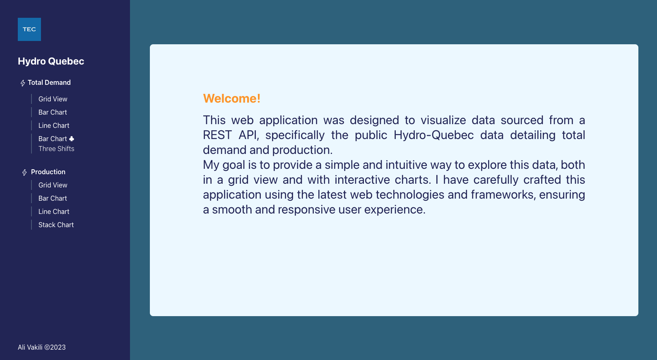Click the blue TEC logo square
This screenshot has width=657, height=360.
(29, 29)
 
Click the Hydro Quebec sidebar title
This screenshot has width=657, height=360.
(51, 61)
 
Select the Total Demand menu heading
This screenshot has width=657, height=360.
(49, 82)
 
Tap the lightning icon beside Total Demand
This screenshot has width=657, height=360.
(23, 83)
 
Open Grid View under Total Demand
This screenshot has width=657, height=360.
(53, 99)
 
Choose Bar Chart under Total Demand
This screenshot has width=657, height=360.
(53, 112)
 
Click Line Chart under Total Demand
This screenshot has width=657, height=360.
(54, 125)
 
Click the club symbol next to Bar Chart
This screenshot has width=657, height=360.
(72, 139)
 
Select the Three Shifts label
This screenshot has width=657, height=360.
(56, 149)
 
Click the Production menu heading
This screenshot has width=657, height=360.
(48, 172)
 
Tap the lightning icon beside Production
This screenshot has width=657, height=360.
(24, 173)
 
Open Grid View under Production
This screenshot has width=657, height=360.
(53, 185)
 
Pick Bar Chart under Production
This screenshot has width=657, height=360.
(53, 198)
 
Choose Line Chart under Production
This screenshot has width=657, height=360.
(54, 211)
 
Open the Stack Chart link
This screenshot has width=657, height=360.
(56, 225)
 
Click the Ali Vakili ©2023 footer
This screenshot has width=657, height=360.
(42, 347)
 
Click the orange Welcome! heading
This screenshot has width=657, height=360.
(231, 98)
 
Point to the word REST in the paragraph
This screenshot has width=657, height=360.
(217, 135)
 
